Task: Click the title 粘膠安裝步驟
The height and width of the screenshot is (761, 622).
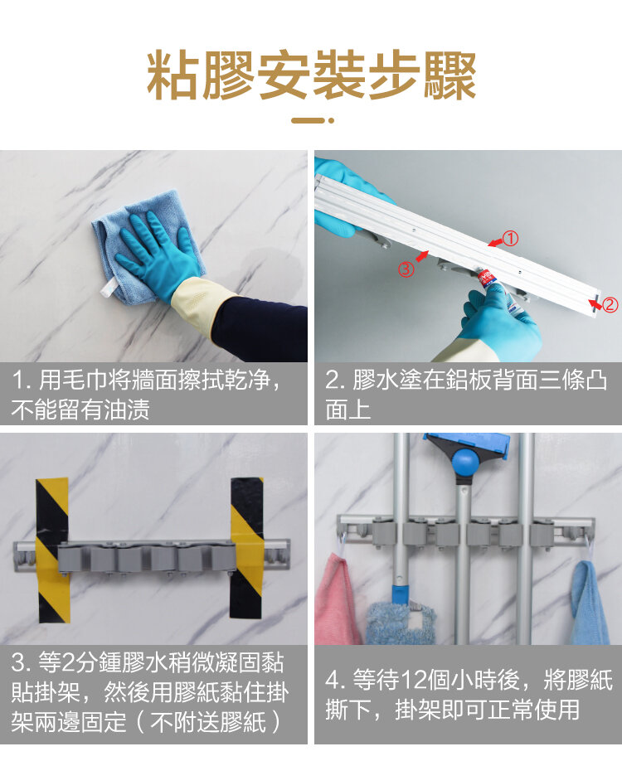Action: point(311,75)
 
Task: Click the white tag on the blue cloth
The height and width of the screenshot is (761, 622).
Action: point(106,288)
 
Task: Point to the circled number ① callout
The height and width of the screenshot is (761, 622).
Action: point(510,238)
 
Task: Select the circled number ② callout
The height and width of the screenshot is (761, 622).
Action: point(610,304)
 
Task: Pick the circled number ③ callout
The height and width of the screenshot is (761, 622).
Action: point(406,269)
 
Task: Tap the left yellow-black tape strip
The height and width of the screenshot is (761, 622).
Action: point(52,550)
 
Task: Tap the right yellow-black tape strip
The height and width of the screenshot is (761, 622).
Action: point(247,548)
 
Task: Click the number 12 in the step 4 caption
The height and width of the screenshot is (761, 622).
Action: point(414,680)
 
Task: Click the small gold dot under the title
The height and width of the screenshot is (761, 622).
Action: point(331,120)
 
